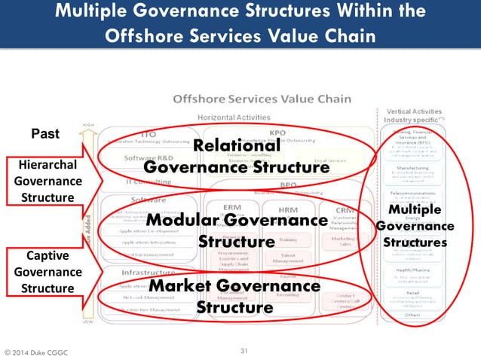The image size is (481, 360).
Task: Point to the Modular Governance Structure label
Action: tap(237, 230)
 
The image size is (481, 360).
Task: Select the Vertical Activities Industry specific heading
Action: tap(412, 116)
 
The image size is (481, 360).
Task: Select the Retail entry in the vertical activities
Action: tap(412, 294)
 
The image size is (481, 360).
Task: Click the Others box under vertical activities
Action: tap(412, 315)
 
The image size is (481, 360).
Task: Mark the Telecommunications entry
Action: tap(412, 193)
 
